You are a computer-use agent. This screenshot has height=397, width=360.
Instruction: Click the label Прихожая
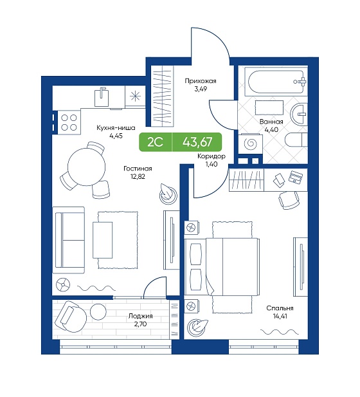click(201, 81)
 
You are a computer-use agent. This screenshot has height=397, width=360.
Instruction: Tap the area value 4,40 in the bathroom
click(271, 130)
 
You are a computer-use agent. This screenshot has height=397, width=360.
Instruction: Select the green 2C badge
click(155, 142)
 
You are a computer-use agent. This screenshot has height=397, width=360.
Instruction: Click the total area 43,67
click(197, 142)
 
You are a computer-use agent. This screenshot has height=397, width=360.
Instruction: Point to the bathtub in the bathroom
click(276, 82)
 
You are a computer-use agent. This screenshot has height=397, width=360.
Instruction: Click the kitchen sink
click(102, 97)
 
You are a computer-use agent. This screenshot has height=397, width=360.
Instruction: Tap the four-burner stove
click(69, 122)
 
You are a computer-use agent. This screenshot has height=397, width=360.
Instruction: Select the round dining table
click(86, 167)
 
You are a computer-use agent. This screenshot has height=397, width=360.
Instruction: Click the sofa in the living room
click(69, 240)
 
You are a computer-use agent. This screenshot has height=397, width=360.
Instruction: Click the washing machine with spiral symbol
click(251, 144)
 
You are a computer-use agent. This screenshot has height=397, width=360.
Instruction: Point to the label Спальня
click(280, 308)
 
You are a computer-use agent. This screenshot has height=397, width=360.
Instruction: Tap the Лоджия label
click(140, 316)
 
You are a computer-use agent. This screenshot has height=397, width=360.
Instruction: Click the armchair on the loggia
click(70, 316)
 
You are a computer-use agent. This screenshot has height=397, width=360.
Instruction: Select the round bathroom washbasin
click(299, 114)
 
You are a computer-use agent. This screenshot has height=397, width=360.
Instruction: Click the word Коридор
click(212, 156)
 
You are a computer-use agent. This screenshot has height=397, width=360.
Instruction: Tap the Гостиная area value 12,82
click(138, 176)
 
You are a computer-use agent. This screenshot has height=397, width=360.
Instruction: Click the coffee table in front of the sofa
click(102, 240)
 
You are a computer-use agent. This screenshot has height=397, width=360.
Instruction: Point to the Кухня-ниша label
click(116, 128)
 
